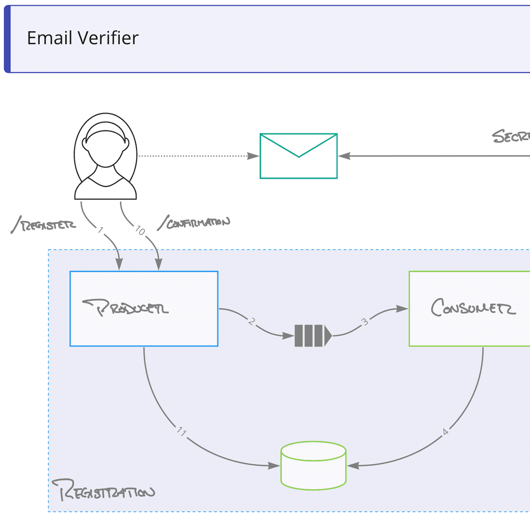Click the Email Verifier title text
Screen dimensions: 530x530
point(83,38)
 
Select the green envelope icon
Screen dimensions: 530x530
point(299,156)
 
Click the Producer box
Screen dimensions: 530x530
point(144,308)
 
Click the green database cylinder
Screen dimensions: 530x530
point(314,466)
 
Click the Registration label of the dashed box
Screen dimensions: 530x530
point(104,490)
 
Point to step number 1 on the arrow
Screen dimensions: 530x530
point(101,230)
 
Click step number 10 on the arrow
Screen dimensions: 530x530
point(140,231)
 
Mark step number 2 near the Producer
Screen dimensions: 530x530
point(251,322)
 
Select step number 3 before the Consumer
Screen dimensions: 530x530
point(365,322)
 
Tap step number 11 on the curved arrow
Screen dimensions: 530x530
point(182,432)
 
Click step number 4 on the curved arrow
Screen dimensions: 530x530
point(445,432)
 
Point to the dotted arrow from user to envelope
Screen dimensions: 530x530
point(194,156)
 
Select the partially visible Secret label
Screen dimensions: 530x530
point(511,136)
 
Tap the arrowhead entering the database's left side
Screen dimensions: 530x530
point(274,466)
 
